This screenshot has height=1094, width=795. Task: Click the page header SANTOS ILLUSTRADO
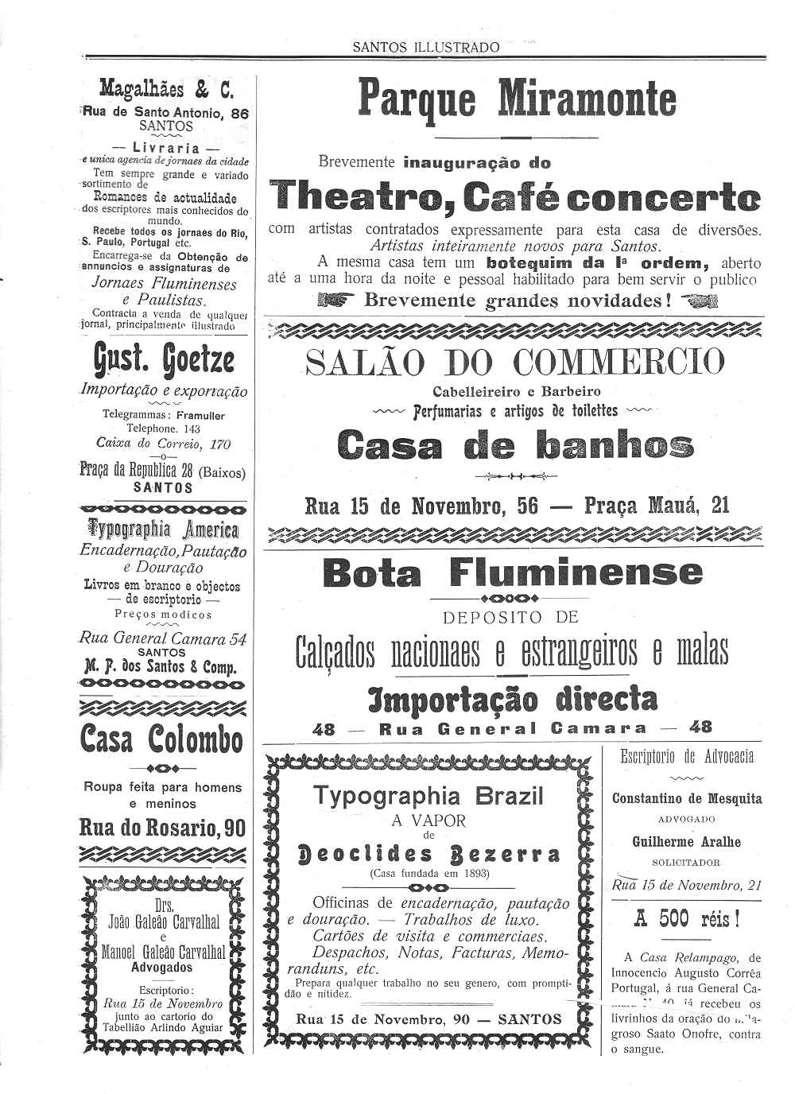[426, 47]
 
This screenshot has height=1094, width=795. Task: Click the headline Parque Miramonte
[518, 99]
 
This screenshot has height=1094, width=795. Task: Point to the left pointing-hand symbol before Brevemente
[332, 301]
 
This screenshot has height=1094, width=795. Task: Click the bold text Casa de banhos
[515, 444]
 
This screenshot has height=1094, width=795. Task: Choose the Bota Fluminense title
[513, 572]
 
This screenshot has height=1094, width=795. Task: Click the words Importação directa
[513, 700]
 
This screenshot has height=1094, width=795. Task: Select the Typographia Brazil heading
[428, 796]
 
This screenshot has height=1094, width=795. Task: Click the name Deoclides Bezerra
[428, 855]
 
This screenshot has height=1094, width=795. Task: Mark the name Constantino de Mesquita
[687, 799]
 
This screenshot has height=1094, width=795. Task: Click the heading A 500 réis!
[687, 919]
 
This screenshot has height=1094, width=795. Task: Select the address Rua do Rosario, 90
[162, 828]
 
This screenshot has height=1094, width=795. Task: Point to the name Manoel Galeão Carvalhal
[163, 952]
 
